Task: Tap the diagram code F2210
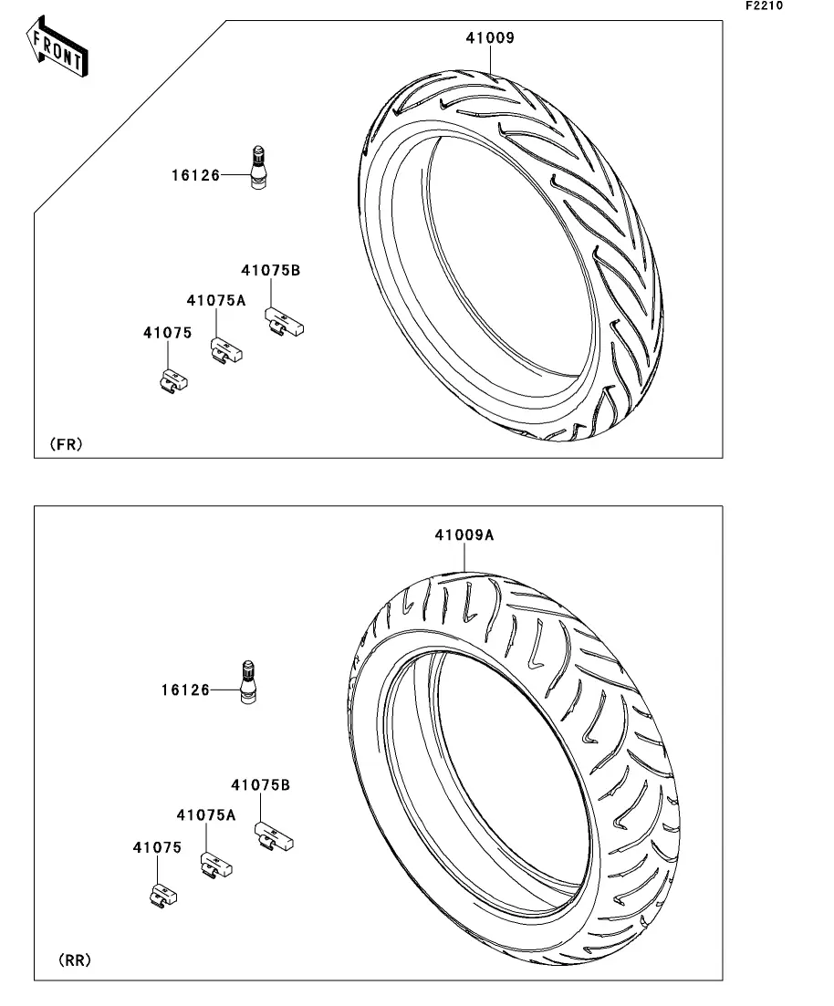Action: pos(764,5)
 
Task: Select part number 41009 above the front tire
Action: pos(490,38)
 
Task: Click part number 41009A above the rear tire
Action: pos(464,535)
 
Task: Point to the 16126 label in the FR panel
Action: pos(196,175)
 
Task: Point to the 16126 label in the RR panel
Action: pos(185,690)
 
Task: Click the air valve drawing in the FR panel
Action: pos(257,169)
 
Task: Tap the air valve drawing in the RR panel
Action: pos(248,682)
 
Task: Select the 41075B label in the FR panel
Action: pos(270,271)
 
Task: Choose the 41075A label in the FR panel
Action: pos(216,300)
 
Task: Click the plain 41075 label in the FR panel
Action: pos(168,333)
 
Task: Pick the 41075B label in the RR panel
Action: pos(260,785)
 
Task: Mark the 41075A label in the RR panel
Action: pos(206,814)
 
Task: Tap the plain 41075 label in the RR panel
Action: pos(157,847)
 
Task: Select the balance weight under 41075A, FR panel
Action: pos(227,351)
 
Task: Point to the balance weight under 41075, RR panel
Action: pos(163,895)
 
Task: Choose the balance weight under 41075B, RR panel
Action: pos(274,836)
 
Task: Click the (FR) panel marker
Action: pos(66,444)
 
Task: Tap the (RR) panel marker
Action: pos(75,960)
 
